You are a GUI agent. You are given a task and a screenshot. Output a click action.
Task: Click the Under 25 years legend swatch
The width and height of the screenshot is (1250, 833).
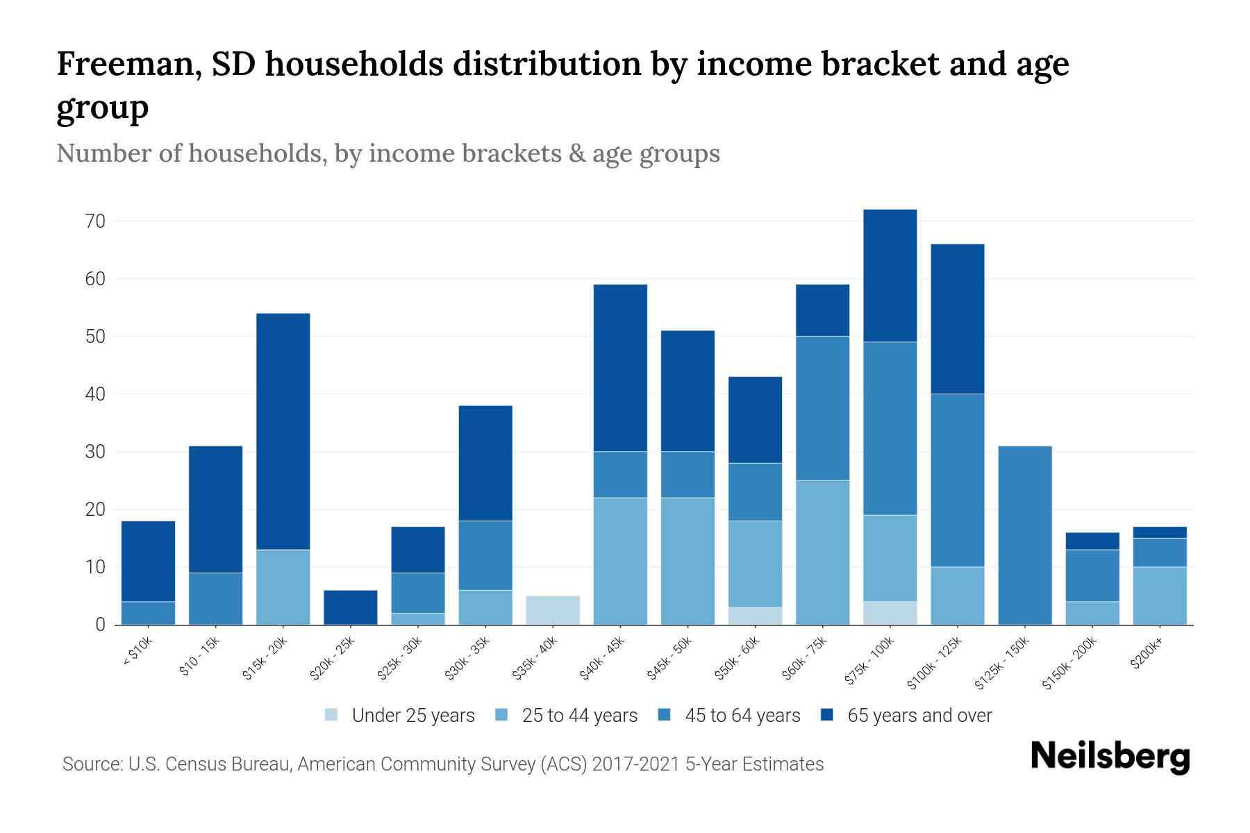[331, 715]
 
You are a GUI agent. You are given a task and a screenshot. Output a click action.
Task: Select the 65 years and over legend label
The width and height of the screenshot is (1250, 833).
[919, 715]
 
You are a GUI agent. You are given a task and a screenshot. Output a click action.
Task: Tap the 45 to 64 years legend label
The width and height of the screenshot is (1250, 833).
[742, 715]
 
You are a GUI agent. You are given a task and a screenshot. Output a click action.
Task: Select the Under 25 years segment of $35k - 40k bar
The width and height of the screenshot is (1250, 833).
[553, 610]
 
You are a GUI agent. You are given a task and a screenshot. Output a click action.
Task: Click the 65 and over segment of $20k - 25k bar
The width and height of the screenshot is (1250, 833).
[351, 607]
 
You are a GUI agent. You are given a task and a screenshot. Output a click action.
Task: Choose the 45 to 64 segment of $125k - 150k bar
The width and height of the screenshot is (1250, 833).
[1025, 535]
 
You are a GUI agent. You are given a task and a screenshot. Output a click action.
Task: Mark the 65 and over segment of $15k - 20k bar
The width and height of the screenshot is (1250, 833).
[283, 432]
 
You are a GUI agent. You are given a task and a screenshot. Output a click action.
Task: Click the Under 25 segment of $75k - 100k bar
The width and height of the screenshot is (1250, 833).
[890, 613]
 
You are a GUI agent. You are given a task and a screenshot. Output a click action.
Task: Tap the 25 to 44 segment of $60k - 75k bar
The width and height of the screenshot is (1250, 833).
[822, 553]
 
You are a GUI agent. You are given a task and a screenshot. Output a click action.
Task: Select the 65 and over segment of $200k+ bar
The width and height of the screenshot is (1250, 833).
[1160, 532]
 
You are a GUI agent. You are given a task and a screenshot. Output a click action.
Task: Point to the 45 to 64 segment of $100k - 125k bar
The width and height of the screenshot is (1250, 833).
[957, 480]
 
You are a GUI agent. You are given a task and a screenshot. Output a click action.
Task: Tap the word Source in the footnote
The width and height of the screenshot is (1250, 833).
[89, 764]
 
